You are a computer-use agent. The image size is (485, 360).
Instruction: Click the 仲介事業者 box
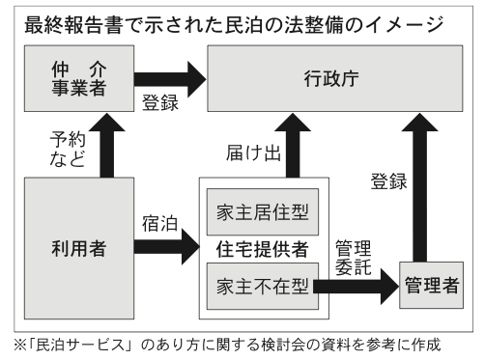click(79, 78)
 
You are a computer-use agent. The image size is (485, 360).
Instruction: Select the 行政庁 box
click(335, 78)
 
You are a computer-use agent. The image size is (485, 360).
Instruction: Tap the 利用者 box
click(79, 248)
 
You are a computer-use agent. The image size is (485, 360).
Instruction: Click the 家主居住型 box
click(263, 212)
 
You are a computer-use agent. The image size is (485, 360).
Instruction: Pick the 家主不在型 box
click(263, 287)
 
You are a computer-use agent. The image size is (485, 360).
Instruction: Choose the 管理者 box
click(432, 286)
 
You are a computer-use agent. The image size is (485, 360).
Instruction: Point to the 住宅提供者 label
click(263, 249)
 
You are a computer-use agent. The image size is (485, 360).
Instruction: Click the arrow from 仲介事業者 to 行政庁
click(170, 79)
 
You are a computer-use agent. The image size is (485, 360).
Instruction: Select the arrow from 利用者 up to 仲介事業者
click(107, 146)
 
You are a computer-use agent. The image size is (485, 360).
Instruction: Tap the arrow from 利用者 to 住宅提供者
click(167, 247)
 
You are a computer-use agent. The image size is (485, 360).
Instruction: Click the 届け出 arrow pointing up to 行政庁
click(293, 146)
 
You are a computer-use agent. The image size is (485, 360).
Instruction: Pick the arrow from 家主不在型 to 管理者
click(356, 287)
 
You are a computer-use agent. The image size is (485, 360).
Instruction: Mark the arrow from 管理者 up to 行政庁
click(420, 187)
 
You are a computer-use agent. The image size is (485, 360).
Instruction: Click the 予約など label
click(68, 150)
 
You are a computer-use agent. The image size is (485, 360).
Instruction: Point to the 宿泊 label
click(159, 224)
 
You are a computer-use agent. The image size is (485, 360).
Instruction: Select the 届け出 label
click(253, 152)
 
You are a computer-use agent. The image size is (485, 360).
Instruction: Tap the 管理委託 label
click(354, 258)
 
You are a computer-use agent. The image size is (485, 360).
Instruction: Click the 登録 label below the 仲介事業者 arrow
click(160, 102)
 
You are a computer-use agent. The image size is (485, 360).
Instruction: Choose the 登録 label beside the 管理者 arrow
click(388, 181)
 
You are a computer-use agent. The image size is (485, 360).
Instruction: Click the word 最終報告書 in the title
click(73, 25)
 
